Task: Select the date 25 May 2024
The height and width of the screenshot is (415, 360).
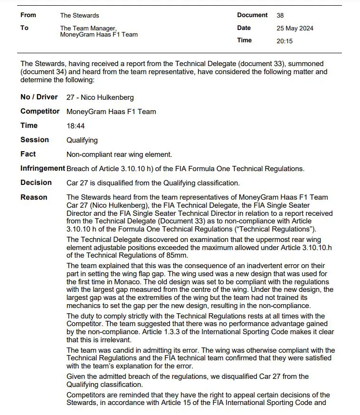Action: click(295, 28)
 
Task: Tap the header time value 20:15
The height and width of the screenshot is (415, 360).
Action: click(284, 41)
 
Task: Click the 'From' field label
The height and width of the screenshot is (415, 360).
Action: click(28, 15)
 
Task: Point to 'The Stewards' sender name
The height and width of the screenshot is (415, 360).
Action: click(80, 15)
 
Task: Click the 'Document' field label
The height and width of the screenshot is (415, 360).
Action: click(253, 15)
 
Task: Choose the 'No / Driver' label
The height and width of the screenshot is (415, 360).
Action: click(39, 97)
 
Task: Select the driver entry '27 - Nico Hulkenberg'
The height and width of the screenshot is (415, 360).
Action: click(100, 97)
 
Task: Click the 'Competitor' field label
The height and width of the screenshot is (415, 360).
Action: click(40, 111)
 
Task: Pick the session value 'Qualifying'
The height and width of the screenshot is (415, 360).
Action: click(82, 140)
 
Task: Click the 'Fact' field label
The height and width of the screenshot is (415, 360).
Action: click(28, 154)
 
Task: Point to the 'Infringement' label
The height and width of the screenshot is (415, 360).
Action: click(43, 168)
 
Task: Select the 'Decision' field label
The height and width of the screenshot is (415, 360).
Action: click(36, 183)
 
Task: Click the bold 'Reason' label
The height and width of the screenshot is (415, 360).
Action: click(34, 197)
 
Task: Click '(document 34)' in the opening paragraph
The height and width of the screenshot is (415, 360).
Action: click(43, 72)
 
